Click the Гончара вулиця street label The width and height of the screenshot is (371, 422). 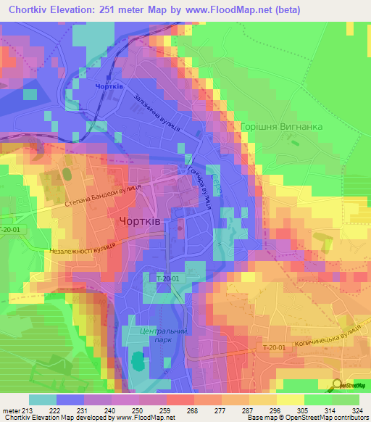coord(198,186)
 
